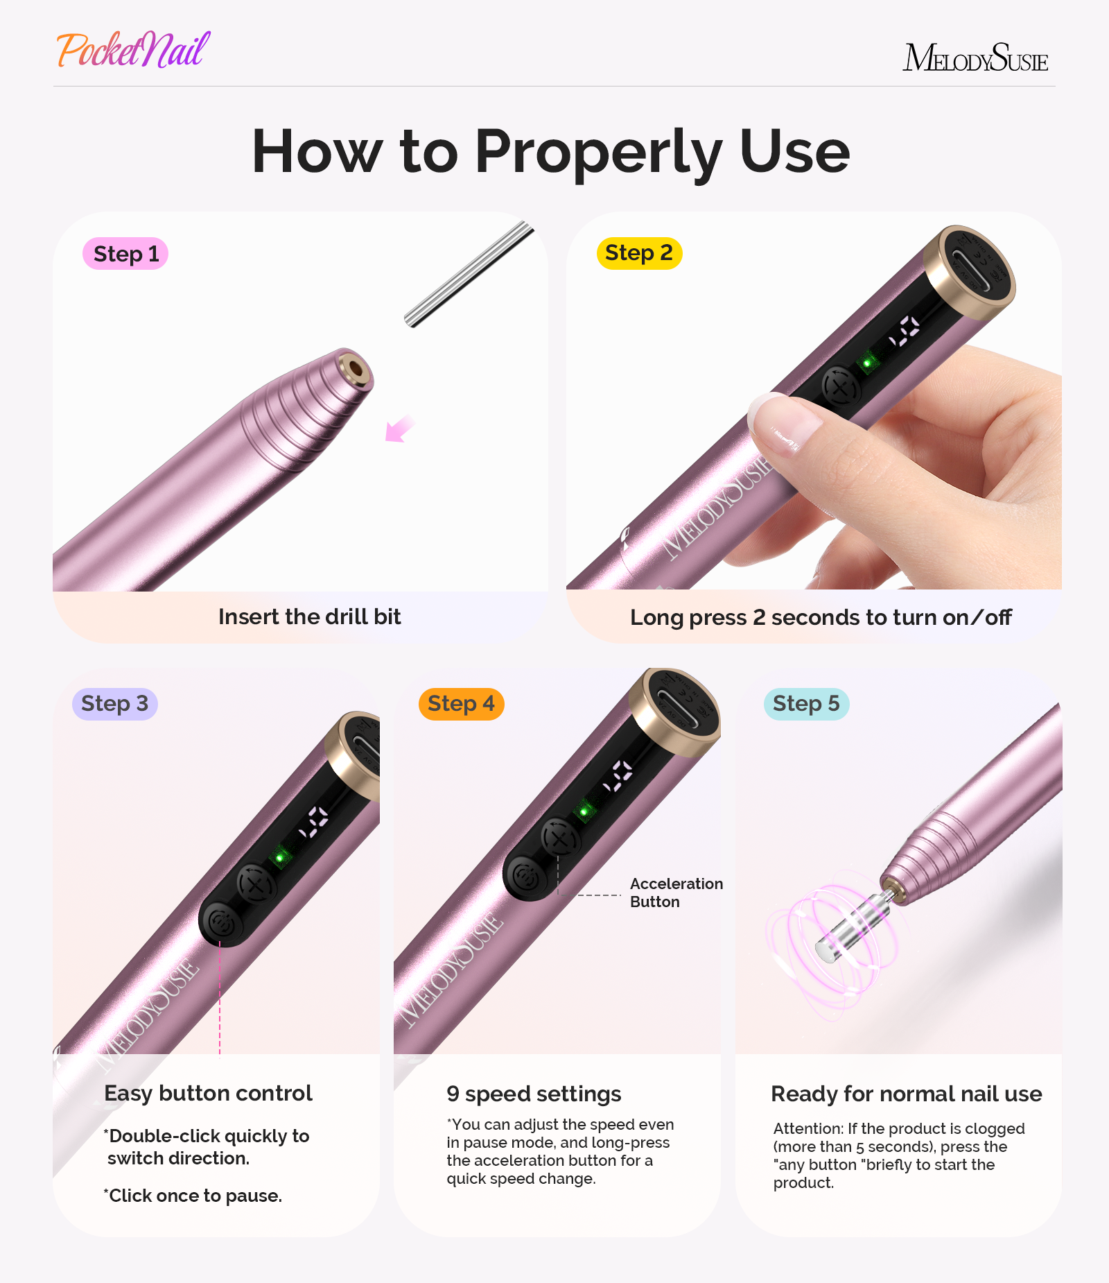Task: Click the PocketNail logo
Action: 133,50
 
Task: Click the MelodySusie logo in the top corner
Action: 975,58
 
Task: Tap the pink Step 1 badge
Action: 125,254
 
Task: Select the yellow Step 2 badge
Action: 639,253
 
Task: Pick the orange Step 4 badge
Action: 461,704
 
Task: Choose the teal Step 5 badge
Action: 806,704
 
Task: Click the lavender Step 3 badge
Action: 115,704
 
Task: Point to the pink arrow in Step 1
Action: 399,429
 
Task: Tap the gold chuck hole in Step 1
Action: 356,368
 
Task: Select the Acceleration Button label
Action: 676,893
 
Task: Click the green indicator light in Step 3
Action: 280,858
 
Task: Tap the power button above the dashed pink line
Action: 221,922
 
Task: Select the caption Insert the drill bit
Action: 309,617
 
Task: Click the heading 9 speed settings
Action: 533,1094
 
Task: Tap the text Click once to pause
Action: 193,1196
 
